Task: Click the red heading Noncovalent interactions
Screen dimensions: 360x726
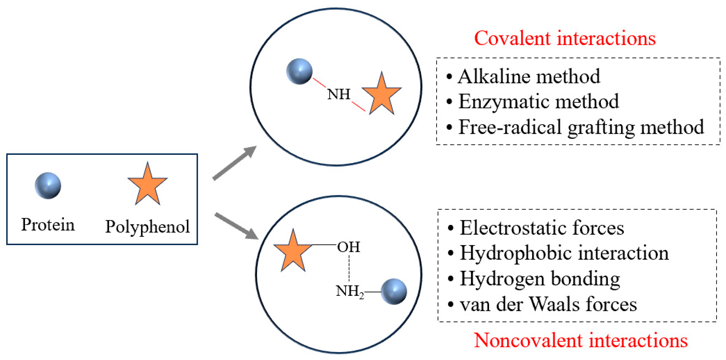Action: (x=581, y=340)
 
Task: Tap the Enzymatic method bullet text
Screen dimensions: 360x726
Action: (x=539, y=101)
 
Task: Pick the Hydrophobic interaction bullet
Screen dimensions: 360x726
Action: (x=564, y=253)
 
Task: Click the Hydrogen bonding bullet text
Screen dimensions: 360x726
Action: (x=540, y=278)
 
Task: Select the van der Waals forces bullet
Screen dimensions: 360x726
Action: (x=548, y=304)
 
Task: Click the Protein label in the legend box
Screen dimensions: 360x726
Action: (x=48, y=225)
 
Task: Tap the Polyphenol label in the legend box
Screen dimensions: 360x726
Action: (x=147, y=226)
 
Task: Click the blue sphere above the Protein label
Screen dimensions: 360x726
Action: (x=48, y=186)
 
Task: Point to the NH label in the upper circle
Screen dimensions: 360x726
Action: (x=339, y=94)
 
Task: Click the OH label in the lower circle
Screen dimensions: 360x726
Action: (x=349, y=247)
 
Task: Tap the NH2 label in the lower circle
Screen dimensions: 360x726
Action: (x=350, y=291)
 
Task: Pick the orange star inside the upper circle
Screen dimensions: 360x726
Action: (x=382, y=95)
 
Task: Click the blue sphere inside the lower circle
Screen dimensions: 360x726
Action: (x=394, y=291)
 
